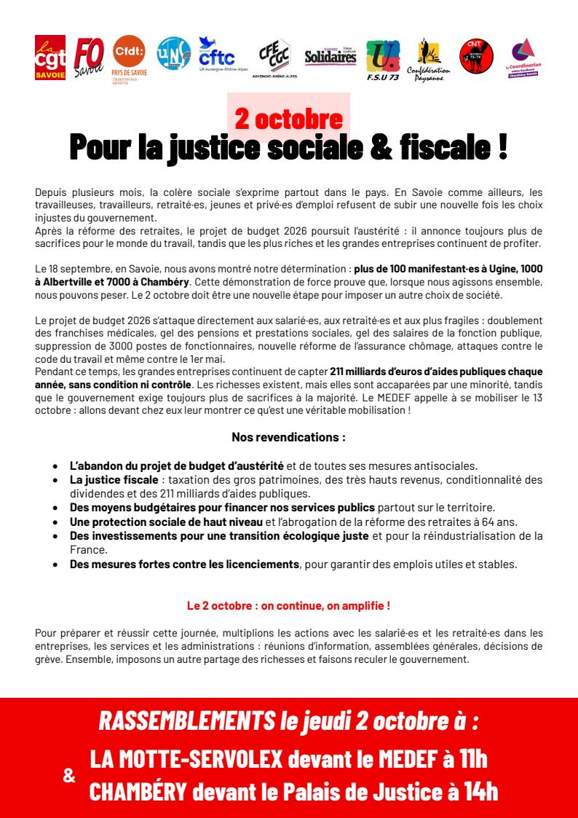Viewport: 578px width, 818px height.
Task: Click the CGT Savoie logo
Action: [x=50, y=57]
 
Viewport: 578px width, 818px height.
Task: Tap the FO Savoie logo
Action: [x=87, y=57]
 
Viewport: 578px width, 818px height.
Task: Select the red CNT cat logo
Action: [x=476, y=55]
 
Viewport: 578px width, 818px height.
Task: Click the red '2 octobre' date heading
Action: [x=288, y=118]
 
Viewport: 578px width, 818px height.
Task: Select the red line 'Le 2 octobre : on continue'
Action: [x=288, y=605]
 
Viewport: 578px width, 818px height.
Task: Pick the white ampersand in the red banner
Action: [x=69, y=776]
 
